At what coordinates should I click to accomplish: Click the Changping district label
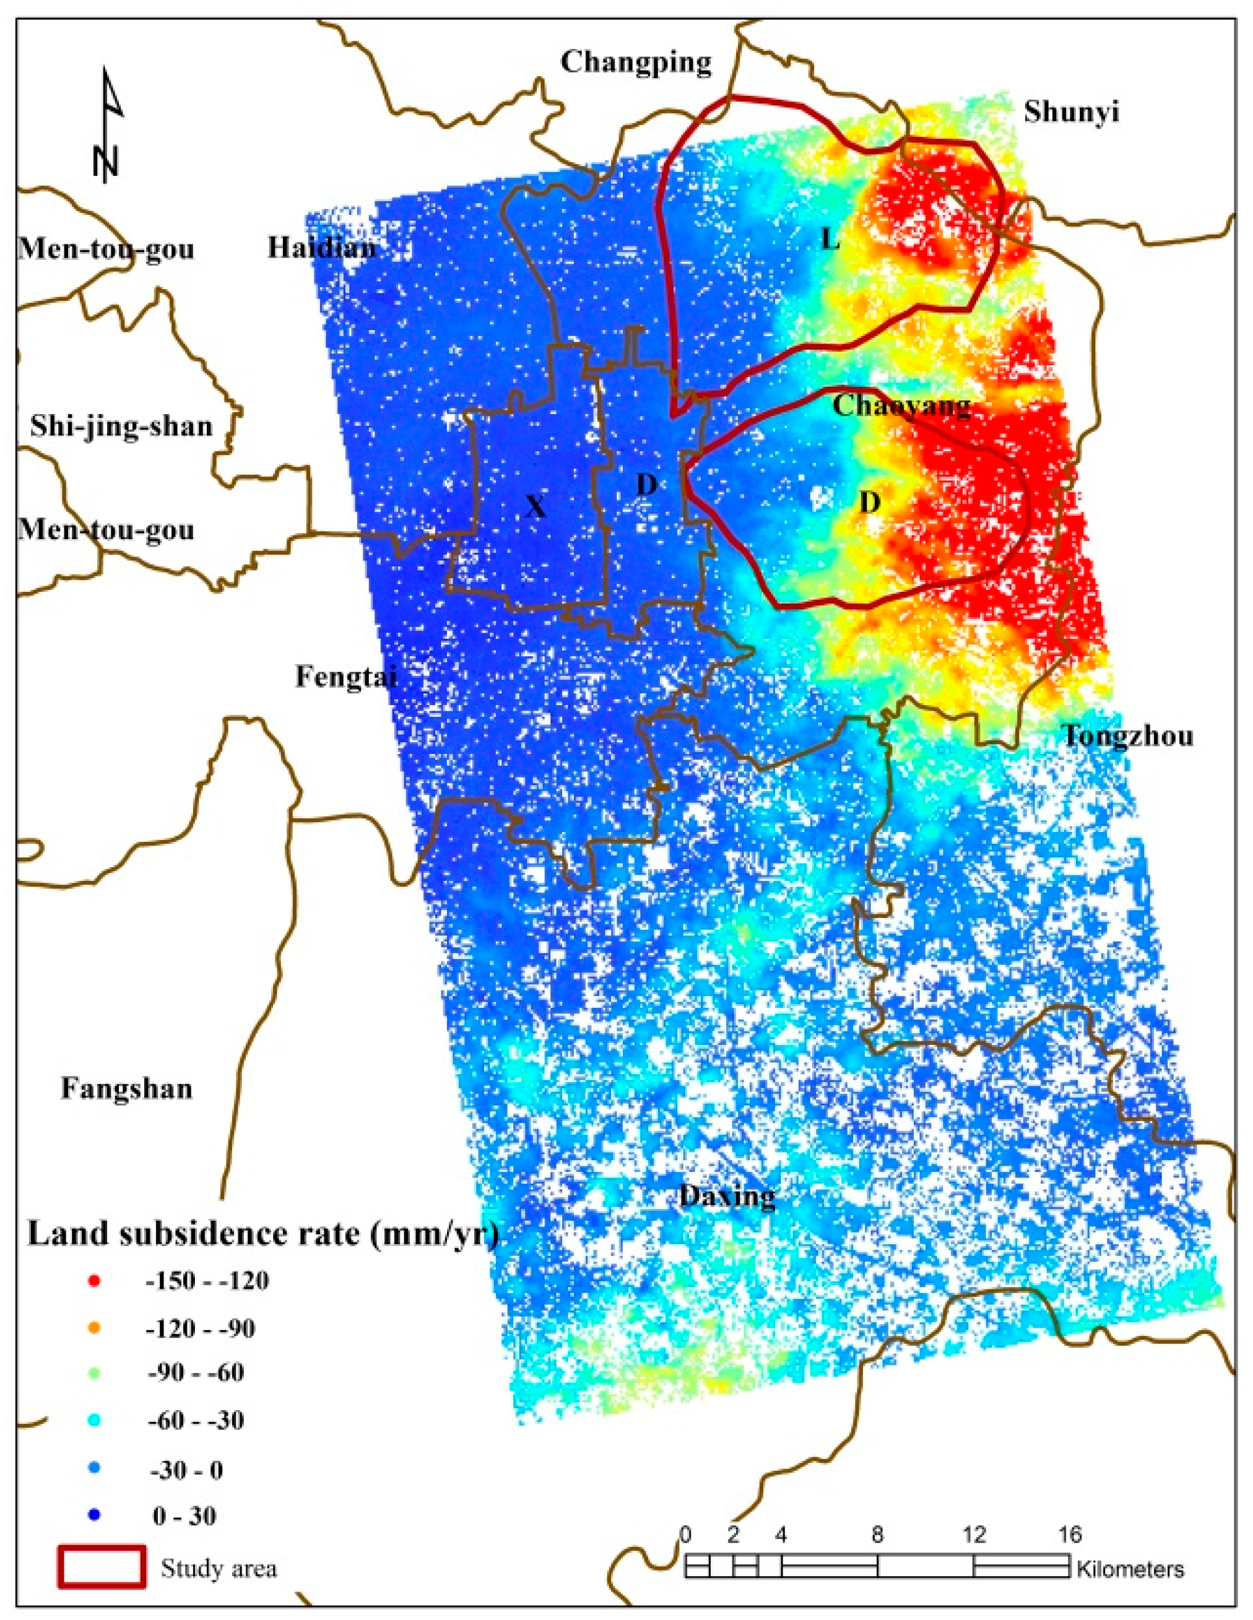click(636, 63)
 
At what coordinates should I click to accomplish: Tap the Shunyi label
click(1070, 112)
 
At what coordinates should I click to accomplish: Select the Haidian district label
click(321, 247)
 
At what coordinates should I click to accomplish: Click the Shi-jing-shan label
click(121, 426)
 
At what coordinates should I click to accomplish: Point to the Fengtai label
click(345, 677)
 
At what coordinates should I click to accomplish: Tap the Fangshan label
click(126, 1089)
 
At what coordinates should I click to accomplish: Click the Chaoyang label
click(901, 405)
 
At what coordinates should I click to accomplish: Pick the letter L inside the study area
click(830, 240)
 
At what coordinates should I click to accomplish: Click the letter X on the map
click(535, 506)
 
